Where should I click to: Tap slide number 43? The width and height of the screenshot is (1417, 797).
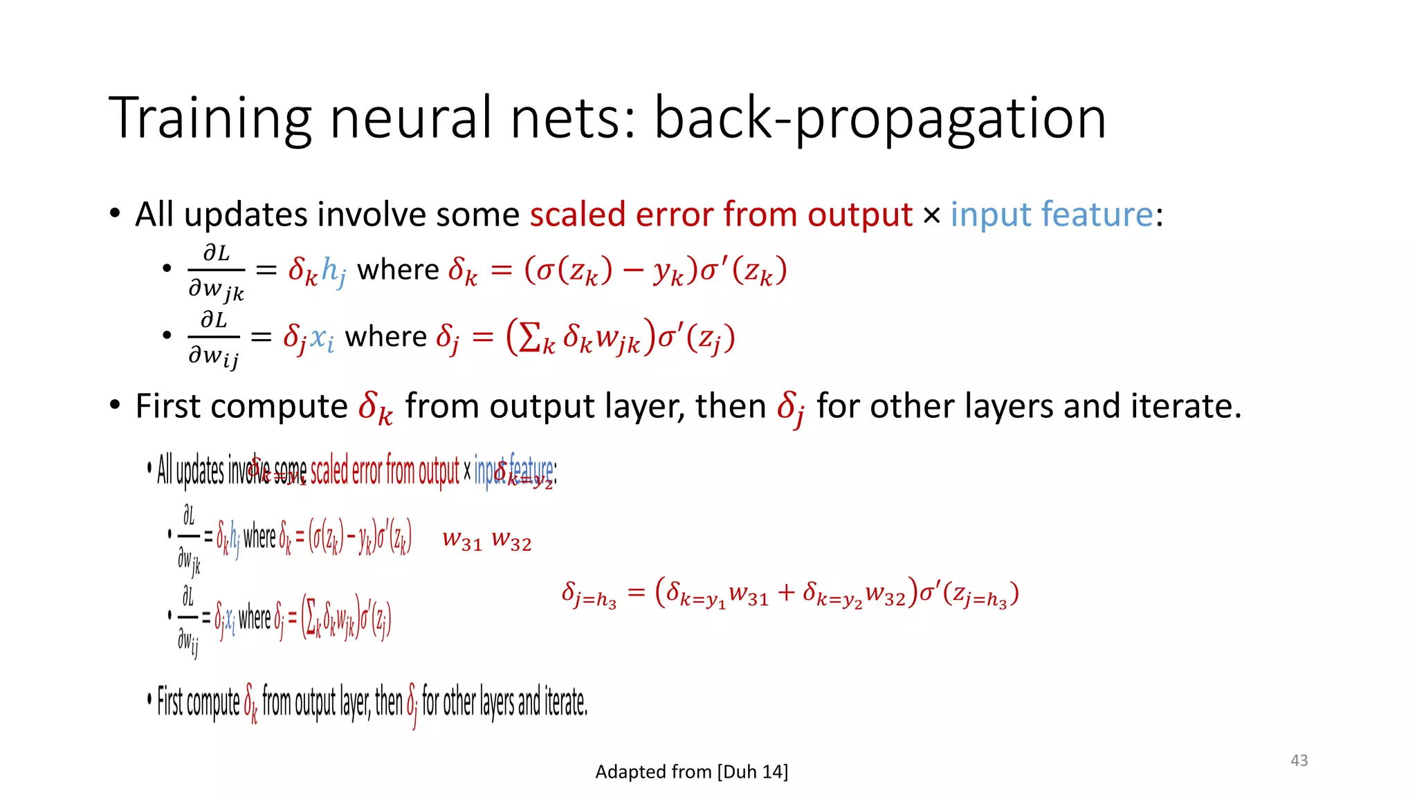click(x=1299, y=760)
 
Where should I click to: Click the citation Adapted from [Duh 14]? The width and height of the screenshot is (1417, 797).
click(x=691, y=771)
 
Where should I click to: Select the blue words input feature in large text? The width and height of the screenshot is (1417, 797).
click(x=1051, y=214)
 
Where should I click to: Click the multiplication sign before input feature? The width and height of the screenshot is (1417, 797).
click(x=931, y=216)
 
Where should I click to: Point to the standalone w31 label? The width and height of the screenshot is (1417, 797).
click(x=461, y=540)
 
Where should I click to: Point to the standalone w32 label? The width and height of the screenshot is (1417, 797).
click(x=511, y=540)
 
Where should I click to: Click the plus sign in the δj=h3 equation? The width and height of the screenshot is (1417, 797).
click(x=785, y=592)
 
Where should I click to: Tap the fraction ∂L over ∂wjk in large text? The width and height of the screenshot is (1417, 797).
click(x=216, y=271)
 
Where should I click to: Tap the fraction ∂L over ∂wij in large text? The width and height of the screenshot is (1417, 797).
click(x=214, y=338)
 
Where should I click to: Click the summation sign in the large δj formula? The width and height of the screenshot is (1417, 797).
click(x=529, y=338)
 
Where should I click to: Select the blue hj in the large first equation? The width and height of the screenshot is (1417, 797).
click(x=333, y=271)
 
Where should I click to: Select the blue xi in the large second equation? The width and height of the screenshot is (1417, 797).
click(x=322, y=338)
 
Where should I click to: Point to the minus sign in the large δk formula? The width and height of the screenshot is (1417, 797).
click(x=632, y=270)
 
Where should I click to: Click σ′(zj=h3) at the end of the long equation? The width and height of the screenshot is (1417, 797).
click(x=969, y=594)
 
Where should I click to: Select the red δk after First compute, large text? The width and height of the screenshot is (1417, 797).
click(x=375, y=407)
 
